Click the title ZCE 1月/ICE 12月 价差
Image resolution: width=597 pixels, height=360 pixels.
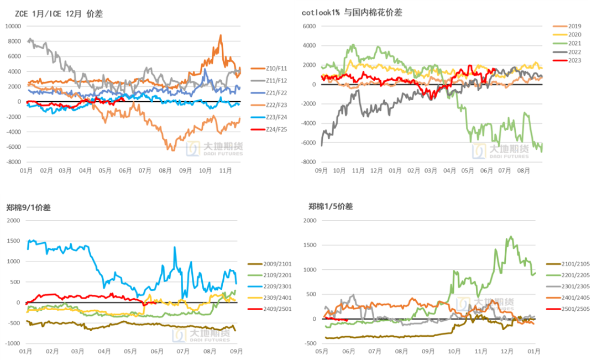click(59, 14)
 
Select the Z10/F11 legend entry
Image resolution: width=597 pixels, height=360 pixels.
click(275, 68)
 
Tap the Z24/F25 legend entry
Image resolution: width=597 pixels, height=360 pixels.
click(275, 129)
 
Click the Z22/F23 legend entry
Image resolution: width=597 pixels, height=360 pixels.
click(275, 105)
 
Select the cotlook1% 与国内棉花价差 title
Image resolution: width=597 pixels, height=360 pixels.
click(353, 13)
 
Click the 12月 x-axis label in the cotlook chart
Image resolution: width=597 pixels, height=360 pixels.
click(376, 170)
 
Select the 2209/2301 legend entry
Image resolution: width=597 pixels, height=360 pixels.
click(278, 286)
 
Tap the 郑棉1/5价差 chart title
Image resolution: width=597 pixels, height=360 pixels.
click(331, 207)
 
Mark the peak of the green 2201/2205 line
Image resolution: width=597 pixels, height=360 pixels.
click(510, 237)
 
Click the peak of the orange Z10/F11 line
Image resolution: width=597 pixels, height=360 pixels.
click(221, 35)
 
